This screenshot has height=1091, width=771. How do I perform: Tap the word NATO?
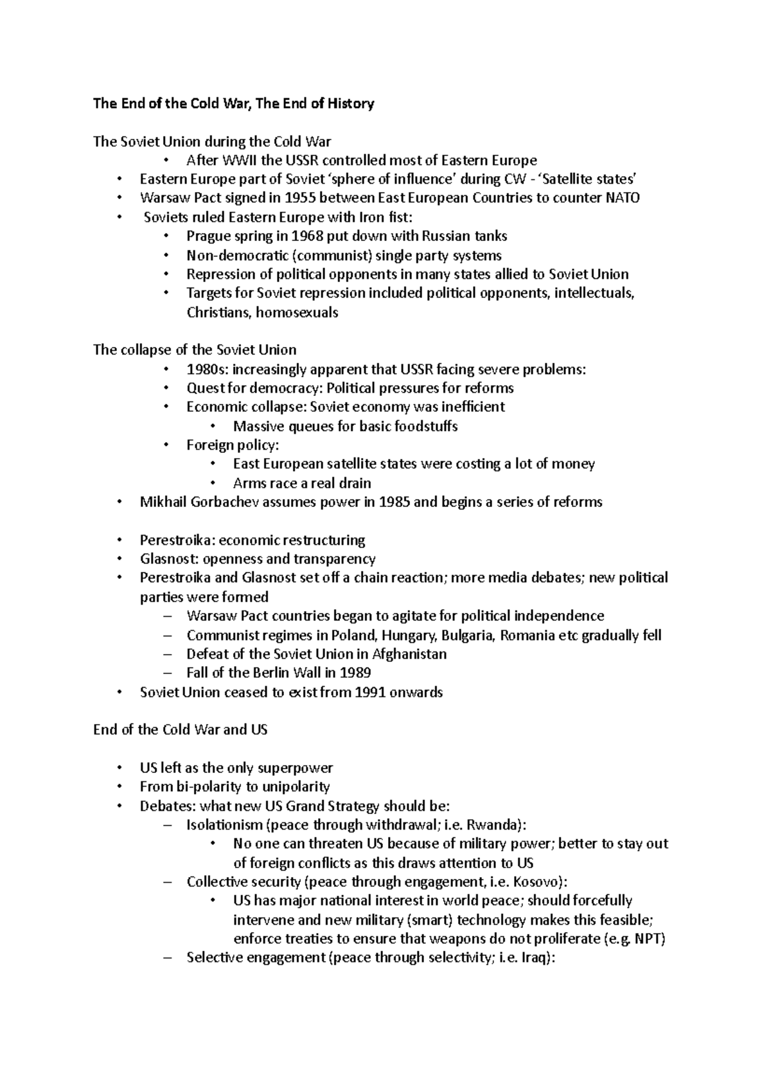(623, 198)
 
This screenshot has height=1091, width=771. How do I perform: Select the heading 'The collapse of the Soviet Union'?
(195, 350)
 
